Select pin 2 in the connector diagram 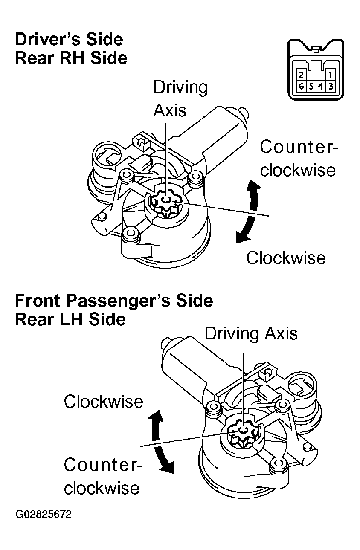click(302, 76)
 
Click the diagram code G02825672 click(44, 514)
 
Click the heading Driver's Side click(69, 40)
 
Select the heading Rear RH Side click(71, 58)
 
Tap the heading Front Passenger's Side click(114, 301)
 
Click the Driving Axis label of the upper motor click(180, 98)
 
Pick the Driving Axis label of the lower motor click(251, 333)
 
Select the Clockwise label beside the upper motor click(286, 258)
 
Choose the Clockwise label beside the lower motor click(103, 402)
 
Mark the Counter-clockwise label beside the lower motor click(102, 476)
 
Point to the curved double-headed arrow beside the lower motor click(161, 442)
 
